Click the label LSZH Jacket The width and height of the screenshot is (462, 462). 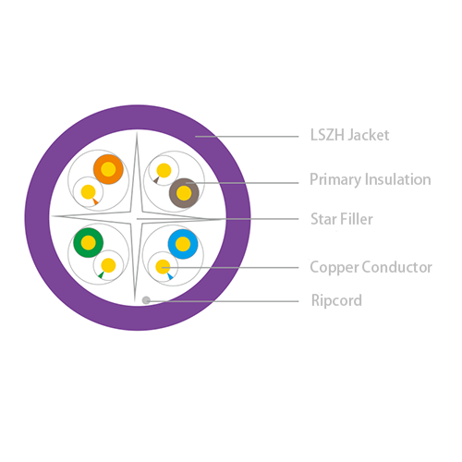tap(349, 135)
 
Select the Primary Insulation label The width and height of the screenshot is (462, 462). tap(371, 179)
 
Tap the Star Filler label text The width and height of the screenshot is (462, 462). tap(342, 219)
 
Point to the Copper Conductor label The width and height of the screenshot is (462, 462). tap(371, 267)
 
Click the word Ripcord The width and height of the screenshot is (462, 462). tap(336, 300)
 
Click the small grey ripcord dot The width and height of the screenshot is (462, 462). tap(146, 300)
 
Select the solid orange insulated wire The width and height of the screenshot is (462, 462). tap(108, 169)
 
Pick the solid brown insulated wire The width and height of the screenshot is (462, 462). tap(184, 193)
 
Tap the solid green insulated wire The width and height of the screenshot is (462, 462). tap(89, 243)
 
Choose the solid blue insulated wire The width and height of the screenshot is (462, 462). tap(183, 244)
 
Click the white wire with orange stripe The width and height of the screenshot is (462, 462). tap(89, 191)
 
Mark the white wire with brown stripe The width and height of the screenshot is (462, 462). tap(164, 171)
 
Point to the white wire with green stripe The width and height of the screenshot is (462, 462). tap(108, 265)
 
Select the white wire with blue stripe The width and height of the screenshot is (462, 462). tap(163, 267)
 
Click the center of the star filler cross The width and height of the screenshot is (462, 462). tap(136, 218)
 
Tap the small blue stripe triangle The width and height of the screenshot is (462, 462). tap(170, 276)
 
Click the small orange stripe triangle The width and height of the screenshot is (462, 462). tap(95, 201)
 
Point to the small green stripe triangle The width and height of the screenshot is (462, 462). tap(101, 274)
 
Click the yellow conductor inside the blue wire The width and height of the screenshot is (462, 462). tap(183, 244)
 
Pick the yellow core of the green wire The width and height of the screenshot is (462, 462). tap(89, 243)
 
